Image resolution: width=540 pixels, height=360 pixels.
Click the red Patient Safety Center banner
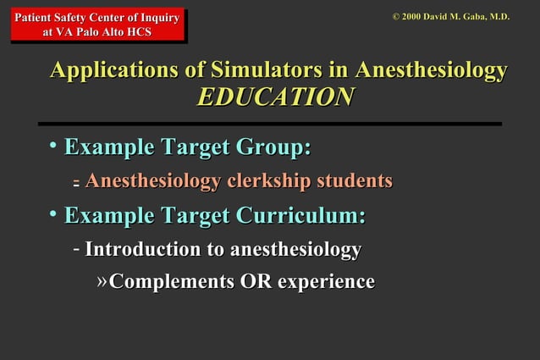98,24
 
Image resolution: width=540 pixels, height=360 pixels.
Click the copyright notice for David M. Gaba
450,15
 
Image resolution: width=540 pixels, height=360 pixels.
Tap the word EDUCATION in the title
275,97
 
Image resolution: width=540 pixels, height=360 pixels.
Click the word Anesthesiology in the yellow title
432,69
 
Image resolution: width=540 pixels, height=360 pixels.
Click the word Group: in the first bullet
271,147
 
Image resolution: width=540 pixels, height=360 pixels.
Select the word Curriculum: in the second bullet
300,215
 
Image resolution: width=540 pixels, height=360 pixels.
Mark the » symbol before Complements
102,280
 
